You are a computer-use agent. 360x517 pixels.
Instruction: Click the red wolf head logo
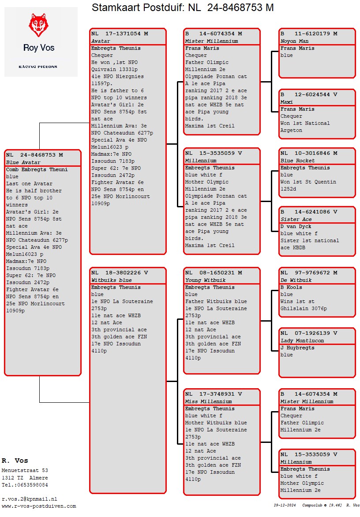38,25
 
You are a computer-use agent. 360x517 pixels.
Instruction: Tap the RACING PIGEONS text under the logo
38,67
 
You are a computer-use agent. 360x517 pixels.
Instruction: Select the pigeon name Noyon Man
294,41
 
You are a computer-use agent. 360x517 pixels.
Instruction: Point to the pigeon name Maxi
286,102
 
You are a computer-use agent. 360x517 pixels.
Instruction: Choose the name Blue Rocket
297,161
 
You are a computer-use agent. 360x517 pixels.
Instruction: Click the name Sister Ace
296,219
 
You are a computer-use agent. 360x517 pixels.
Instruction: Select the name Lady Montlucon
302,341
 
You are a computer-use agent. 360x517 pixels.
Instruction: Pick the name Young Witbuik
205,280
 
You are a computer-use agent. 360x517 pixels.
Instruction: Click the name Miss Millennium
208,401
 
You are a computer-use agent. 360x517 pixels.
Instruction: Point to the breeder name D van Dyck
296,226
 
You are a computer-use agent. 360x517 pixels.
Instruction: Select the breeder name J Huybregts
297,348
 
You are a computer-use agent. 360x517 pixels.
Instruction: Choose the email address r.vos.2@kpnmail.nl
30,499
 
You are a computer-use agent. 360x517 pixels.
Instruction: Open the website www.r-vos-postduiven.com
38,506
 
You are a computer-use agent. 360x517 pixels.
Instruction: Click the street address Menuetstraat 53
25,471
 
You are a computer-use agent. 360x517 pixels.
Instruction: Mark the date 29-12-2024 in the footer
285,505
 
